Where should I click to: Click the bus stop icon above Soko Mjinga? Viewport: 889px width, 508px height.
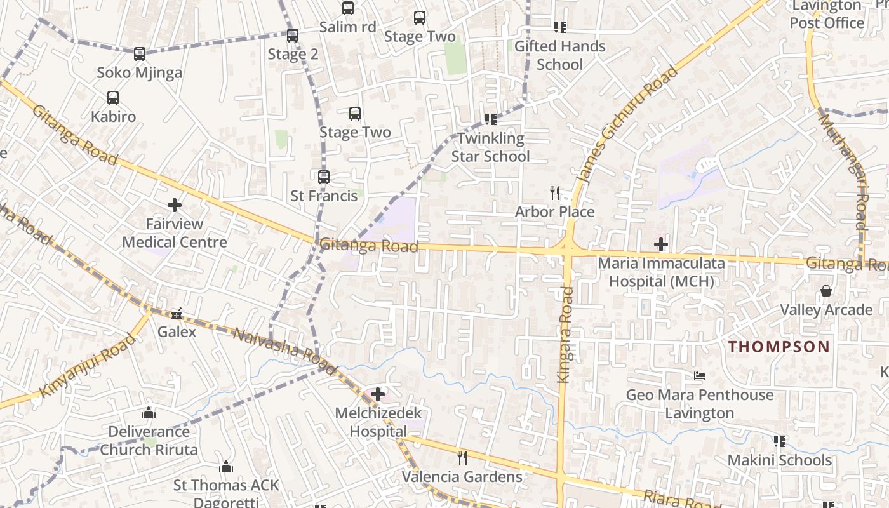coord(140,54)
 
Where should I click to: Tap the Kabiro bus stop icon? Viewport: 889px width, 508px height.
coord(113,98)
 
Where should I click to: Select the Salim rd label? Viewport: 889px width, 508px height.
coord(347,27)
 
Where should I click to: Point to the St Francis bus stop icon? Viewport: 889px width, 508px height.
coord(324,177)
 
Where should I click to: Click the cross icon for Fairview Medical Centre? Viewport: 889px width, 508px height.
coord(175,205)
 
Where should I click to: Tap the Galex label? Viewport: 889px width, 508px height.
coord(177,331)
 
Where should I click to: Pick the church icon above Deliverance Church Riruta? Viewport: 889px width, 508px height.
coord(149,413)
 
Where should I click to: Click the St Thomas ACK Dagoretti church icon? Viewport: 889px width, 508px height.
coord(226,467)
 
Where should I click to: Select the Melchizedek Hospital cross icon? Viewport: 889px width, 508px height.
coord(378,394)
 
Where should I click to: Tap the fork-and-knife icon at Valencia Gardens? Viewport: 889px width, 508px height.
coord(462,458)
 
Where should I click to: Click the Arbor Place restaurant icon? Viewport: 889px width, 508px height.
coord(555,192)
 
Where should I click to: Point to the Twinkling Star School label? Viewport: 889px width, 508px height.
coord(490,147)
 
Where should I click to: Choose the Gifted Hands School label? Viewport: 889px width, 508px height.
coord(559,55)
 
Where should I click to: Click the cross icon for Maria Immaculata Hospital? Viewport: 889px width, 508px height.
coord(661,244)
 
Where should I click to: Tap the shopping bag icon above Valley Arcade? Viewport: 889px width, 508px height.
coord(826,291)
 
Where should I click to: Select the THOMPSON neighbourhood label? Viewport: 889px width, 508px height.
coord(779,347)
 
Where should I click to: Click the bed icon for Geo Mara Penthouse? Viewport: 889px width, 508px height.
coord(700,376)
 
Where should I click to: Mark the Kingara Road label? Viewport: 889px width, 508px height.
coord(565,335)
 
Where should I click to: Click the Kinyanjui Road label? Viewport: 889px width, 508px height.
coord(88,365)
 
